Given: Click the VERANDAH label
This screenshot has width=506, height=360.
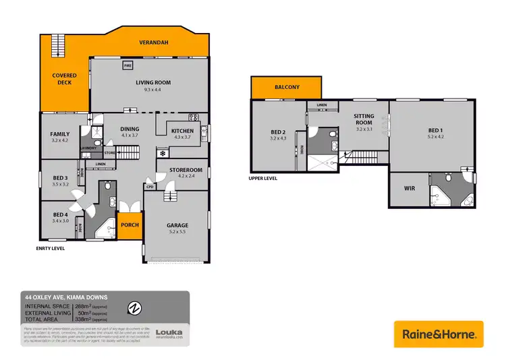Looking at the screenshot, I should point(153,42).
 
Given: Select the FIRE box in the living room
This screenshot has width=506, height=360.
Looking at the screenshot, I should point(128,66).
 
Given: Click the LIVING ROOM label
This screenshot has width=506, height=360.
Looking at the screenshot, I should point(153,83).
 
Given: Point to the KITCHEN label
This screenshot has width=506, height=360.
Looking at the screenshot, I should point(182,131).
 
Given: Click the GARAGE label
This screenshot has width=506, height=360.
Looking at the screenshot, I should point(177,225).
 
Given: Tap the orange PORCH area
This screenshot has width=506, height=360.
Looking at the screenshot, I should point(130,226).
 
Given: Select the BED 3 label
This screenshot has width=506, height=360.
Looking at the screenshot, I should point(61,179).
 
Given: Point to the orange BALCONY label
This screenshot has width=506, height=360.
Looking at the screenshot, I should point(287,88).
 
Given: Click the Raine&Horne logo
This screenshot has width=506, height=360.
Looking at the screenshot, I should point(439,334).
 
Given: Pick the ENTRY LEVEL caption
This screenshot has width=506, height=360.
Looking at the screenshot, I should point(51,248).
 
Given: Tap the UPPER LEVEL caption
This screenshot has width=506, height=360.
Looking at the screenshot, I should point(263,179).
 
